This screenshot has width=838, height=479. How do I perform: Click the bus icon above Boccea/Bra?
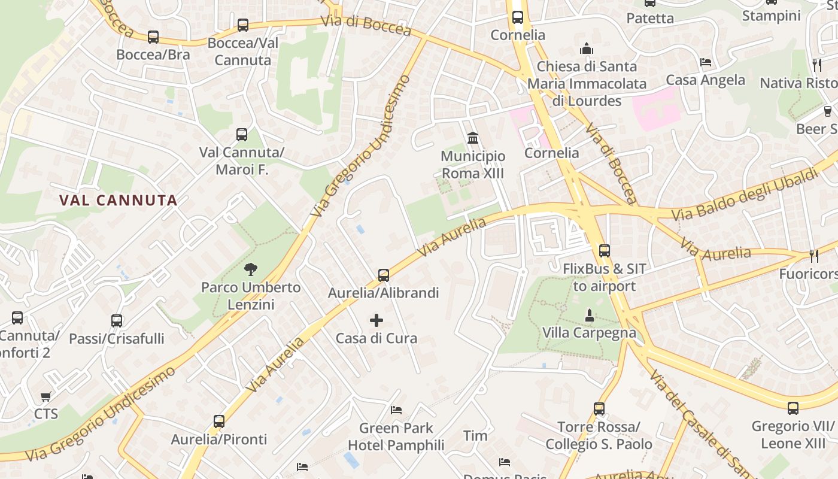pos(153,37)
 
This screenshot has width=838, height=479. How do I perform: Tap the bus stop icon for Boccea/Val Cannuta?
pos(242,25)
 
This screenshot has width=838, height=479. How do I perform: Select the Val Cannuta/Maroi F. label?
pos(242,161)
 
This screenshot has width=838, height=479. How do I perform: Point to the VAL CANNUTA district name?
pos(119,201)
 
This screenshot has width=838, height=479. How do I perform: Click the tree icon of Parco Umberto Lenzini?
pos(251,269)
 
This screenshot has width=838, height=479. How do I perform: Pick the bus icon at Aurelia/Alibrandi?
pos(384,275)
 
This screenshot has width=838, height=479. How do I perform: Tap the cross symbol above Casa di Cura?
pos(377,320)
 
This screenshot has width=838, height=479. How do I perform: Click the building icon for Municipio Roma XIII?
pos(473,138)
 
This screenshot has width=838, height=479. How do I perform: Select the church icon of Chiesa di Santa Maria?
pos(587,48)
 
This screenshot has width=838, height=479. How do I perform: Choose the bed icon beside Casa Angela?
pos(706,62)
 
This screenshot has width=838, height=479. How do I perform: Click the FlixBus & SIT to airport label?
pos(605,277)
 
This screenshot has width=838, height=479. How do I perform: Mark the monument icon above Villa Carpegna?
pos(590,314)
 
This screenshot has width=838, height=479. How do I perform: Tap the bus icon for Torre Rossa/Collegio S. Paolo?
pos(599,409)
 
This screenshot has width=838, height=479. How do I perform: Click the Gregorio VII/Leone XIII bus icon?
pos(793,408)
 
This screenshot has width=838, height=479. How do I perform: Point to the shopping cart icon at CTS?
pos(46,396)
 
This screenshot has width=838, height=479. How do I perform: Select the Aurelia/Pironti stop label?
pos(219,439)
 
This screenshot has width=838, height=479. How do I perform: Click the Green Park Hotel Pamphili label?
pos(396,436)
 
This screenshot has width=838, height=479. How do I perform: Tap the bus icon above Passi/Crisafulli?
pos(117,321)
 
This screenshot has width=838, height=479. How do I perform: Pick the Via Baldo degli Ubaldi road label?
pos(745,195)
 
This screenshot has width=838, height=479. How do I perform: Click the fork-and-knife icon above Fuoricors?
pos(813,256)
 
